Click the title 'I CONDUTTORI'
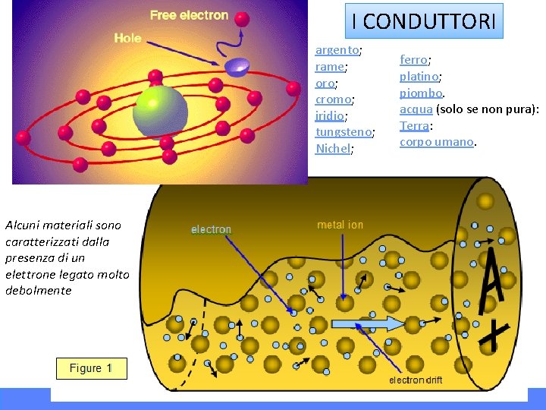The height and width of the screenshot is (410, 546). [424, 22]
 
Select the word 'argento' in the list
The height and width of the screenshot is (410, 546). [337, 50]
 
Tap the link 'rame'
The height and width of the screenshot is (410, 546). [329, 67]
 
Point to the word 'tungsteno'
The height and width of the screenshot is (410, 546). [344, 132]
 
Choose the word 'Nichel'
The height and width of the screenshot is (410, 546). [332, 149]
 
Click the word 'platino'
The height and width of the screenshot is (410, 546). [419, 76]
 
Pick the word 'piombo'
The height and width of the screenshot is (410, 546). [421, 93]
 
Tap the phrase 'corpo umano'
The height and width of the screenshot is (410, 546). [436, 142]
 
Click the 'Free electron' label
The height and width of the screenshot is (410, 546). [189, 15]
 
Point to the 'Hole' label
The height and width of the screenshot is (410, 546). [127, 37]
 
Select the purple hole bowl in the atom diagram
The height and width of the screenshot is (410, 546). [237, 67]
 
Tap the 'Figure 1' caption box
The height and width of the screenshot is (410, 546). [91, 368]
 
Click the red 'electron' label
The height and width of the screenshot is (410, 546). [211, 229]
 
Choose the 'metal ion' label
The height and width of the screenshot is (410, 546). [340, 225]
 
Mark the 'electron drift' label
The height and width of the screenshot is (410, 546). [416, 380]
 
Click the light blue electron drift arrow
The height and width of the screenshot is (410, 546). [369, 324]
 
